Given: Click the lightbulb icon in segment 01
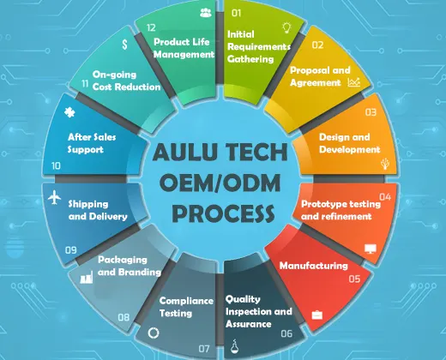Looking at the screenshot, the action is [x=286, y=27].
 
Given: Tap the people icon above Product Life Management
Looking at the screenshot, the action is [x=206, y=13].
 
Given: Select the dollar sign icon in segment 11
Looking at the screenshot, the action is [x=124, y=45].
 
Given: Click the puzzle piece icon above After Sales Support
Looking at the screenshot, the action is [x=69, y=112].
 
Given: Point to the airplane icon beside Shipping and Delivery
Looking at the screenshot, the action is [x=54, y=197].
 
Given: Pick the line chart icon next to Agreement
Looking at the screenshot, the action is [x=354, y=82].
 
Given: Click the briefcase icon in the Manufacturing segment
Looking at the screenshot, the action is [x=317, y=315].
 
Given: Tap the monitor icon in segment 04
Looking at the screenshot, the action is [x=371, y=249].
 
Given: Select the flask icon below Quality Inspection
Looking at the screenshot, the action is [x=235, y=346].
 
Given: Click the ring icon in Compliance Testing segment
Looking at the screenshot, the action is [x=154, y=333].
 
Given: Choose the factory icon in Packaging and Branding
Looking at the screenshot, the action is [x=87, y=277].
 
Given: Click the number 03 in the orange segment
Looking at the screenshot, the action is [x=371, y=112].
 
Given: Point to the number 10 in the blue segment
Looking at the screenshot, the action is [x=56, y=165].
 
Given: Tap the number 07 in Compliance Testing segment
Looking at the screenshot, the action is [x=204, y=349].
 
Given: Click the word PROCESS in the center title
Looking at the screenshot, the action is [x=223, y=213].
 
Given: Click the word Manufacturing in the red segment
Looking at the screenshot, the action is [x=314, y=266].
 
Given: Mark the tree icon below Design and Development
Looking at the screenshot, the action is [x=385, y=164].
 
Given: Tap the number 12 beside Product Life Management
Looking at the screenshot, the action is [x=151, y=27].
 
